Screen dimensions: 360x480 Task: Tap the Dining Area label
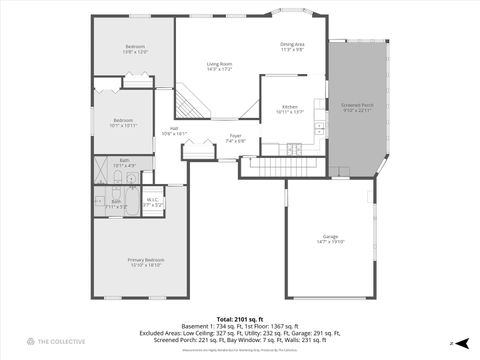[293, 47]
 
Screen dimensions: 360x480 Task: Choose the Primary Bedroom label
[145, 263]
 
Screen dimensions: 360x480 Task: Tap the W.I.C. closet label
[153, 201]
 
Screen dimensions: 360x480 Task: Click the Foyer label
[235, 138]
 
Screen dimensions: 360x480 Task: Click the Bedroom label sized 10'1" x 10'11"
[123, 123]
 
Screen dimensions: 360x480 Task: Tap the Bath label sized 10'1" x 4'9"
[124, 162]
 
